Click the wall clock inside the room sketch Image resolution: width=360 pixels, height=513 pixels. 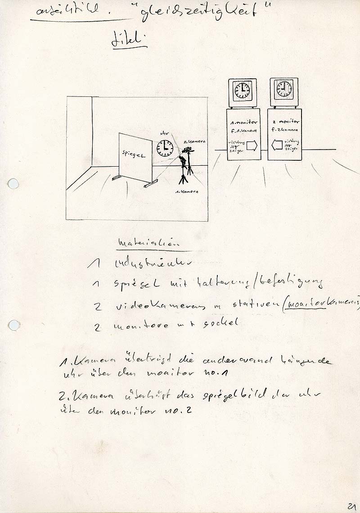165,147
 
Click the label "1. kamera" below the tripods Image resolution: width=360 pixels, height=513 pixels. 188,191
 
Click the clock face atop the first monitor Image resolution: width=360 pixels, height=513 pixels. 243,90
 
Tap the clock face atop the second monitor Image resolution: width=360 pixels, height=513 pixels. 283,89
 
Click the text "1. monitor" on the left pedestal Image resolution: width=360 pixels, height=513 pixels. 243,123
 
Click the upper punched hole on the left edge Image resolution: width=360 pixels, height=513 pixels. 13,184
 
